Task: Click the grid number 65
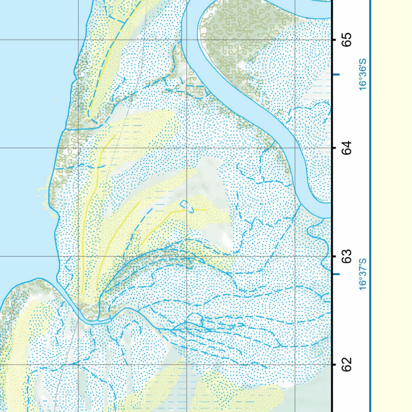pyautogui.click(x=347, y=39)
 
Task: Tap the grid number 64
pyautogui.click(x=347, y=148)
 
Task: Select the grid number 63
pyautogui.click(x=347, y=256)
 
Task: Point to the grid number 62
pyautogui.click(x=347, y=364)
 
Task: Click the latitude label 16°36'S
pyautogui.click(x=363, y=74)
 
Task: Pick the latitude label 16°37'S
pyautogui.click(x=363, y=274)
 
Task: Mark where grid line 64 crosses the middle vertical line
pyautogui.click(x=187, y=148)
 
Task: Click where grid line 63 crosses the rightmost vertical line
pyautogui.click(x=295, y=256)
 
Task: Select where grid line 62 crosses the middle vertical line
pyautogui.click(x=187, y=364)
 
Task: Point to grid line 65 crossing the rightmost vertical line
pyautogui.click(x=295, y=39)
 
